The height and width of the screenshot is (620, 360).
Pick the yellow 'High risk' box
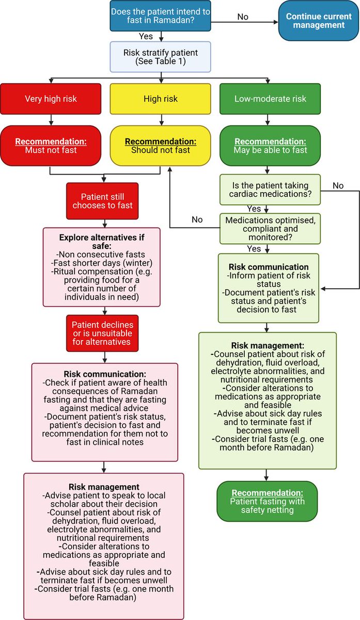[x=161, y=99]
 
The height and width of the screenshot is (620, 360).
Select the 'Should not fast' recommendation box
[x=161, y=146]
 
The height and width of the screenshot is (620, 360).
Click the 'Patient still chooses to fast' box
[x=106, y=200]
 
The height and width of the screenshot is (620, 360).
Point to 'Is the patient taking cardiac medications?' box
[x=270, y=190]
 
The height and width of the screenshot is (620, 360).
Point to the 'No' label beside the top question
[x=242, y=17]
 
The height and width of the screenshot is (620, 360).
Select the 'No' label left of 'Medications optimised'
[x=197, y=220]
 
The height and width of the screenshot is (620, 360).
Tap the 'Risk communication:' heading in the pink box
[x=105, y=374]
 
